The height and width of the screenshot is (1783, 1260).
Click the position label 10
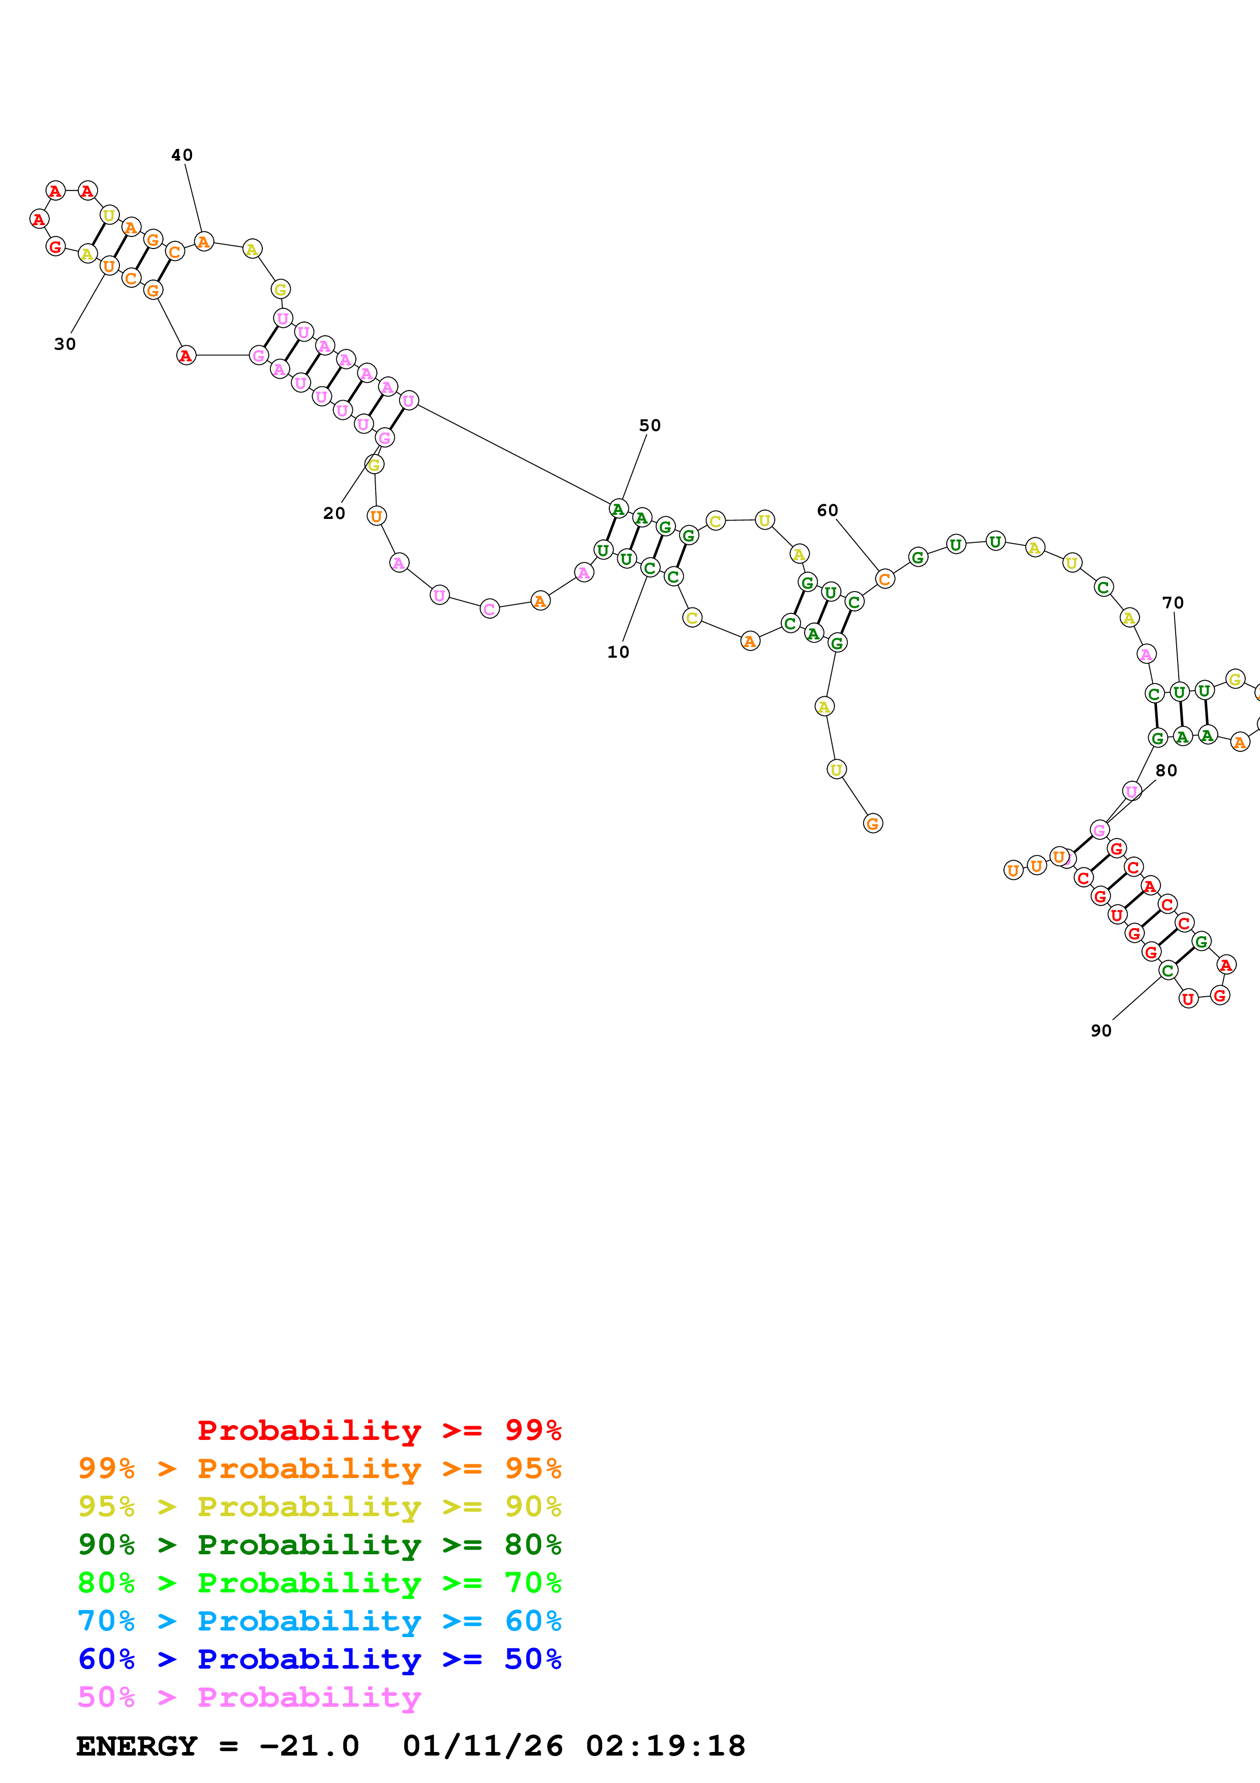click(618, 652)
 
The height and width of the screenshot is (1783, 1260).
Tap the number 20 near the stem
click(334, 513)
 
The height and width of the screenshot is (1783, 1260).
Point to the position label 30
click(65, 344)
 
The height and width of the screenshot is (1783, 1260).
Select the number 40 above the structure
click(181, 156)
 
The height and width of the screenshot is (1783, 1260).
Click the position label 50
click(650, 425)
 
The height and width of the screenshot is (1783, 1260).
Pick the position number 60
click(827, 510)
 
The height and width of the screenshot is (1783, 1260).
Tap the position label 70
click(1173, 603)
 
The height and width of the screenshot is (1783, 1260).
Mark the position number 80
click(1166, 771)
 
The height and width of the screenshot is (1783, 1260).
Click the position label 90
click(1101, 1030)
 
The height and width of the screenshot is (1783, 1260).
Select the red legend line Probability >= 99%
click(379, 1430)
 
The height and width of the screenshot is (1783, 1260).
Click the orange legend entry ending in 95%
click(320, 1468)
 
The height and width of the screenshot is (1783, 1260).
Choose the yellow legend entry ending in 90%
click(320, 1507)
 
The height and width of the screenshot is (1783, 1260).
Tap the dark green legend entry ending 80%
click(320, 1545)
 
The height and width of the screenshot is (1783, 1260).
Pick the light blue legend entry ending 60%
click(320, 1621)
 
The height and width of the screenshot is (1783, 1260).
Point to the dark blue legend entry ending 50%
click(320, 1659)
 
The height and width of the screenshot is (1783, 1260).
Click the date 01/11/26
click(483, 1746)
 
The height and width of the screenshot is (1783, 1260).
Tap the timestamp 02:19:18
click(665, 1746)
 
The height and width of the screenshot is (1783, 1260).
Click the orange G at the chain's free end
click(873, 824)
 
